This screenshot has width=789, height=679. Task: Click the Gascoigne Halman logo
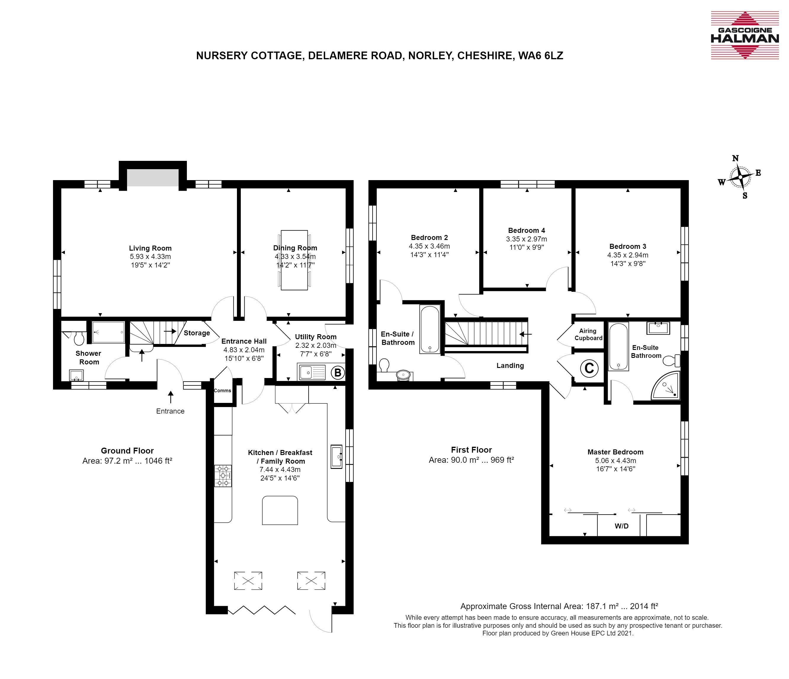(740, 35)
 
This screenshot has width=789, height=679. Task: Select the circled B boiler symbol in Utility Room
(338, 372)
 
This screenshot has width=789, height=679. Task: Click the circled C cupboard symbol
(589, 368)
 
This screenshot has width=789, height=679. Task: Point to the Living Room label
(150, 248)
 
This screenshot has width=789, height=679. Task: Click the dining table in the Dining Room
(294, 260)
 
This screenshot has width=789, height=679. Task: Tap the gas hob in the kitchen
(223, 476)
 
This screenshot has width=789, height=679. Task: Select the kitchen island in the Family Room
(280, 510)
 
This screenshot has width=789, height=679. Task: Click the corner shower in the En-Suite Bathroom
(665, 386)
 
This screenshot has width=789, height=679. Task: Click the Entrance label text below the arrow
(170, 411)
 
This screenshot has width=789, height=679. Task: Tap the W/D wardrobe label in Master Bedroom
(621, 526)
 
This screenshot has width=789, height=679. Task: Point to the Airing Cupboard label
(588, 334)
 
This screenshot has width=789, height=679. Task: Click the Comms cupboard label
(222, 390)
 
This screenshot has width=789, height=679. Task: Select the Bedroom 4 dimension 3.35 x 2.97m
(526, 239)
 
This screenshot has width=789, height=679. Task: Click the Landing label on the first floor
(510, 366)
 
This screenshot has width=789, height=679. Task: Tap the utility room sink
(312, 372)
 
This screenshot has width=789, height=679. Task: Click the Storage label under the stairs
(197, 333)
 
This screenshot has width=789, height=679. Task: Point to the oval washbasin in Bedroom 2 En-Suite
(403, 375)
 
